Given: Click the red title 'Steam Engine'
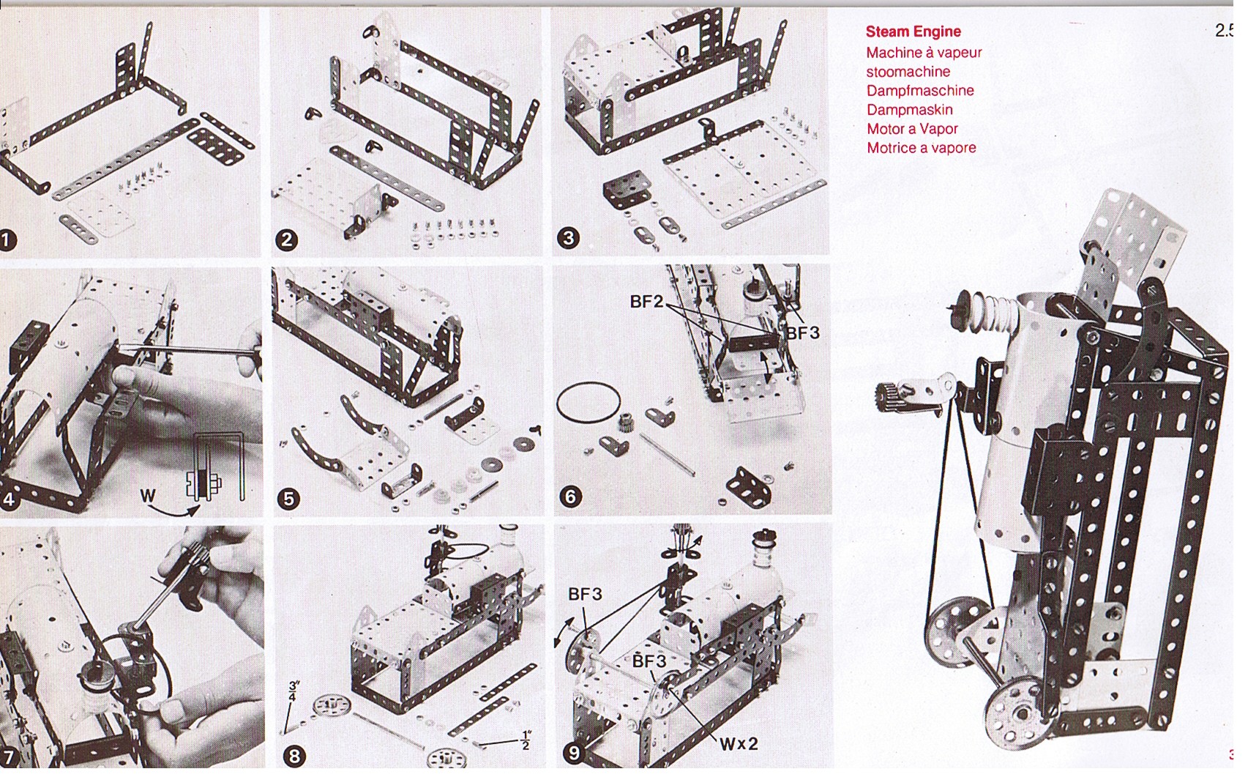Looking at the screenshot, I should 913,31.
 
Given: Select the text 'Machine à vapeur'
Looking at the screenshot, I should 924,53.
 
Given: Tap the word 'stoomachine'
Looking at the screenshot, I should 908,72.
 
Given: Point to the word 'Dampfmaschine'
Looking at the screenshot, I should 920,91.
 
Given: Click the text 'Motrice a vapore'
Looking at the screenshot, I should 921,148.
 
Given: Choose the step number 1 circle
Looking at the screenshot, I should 8,240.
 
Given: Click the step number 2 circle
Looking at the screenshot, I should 286,240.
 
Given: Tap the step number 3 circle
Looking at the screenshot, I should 568,238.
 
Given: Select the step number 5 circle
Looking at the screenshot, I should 288,499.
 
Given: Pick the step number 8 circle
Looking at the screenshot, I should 295,756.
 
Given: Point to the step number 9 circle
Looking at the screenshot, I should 574,754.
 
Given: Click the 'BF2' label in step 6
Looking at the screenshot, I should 646,302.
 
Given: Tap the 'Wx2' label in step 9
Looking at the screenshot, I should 739,745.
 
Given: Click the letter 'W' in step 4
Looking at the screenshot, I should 148,497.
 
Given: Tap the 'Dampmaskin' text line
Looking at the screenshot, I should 909,110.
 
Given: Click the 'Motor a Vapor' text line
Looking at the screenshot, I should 912,129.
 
